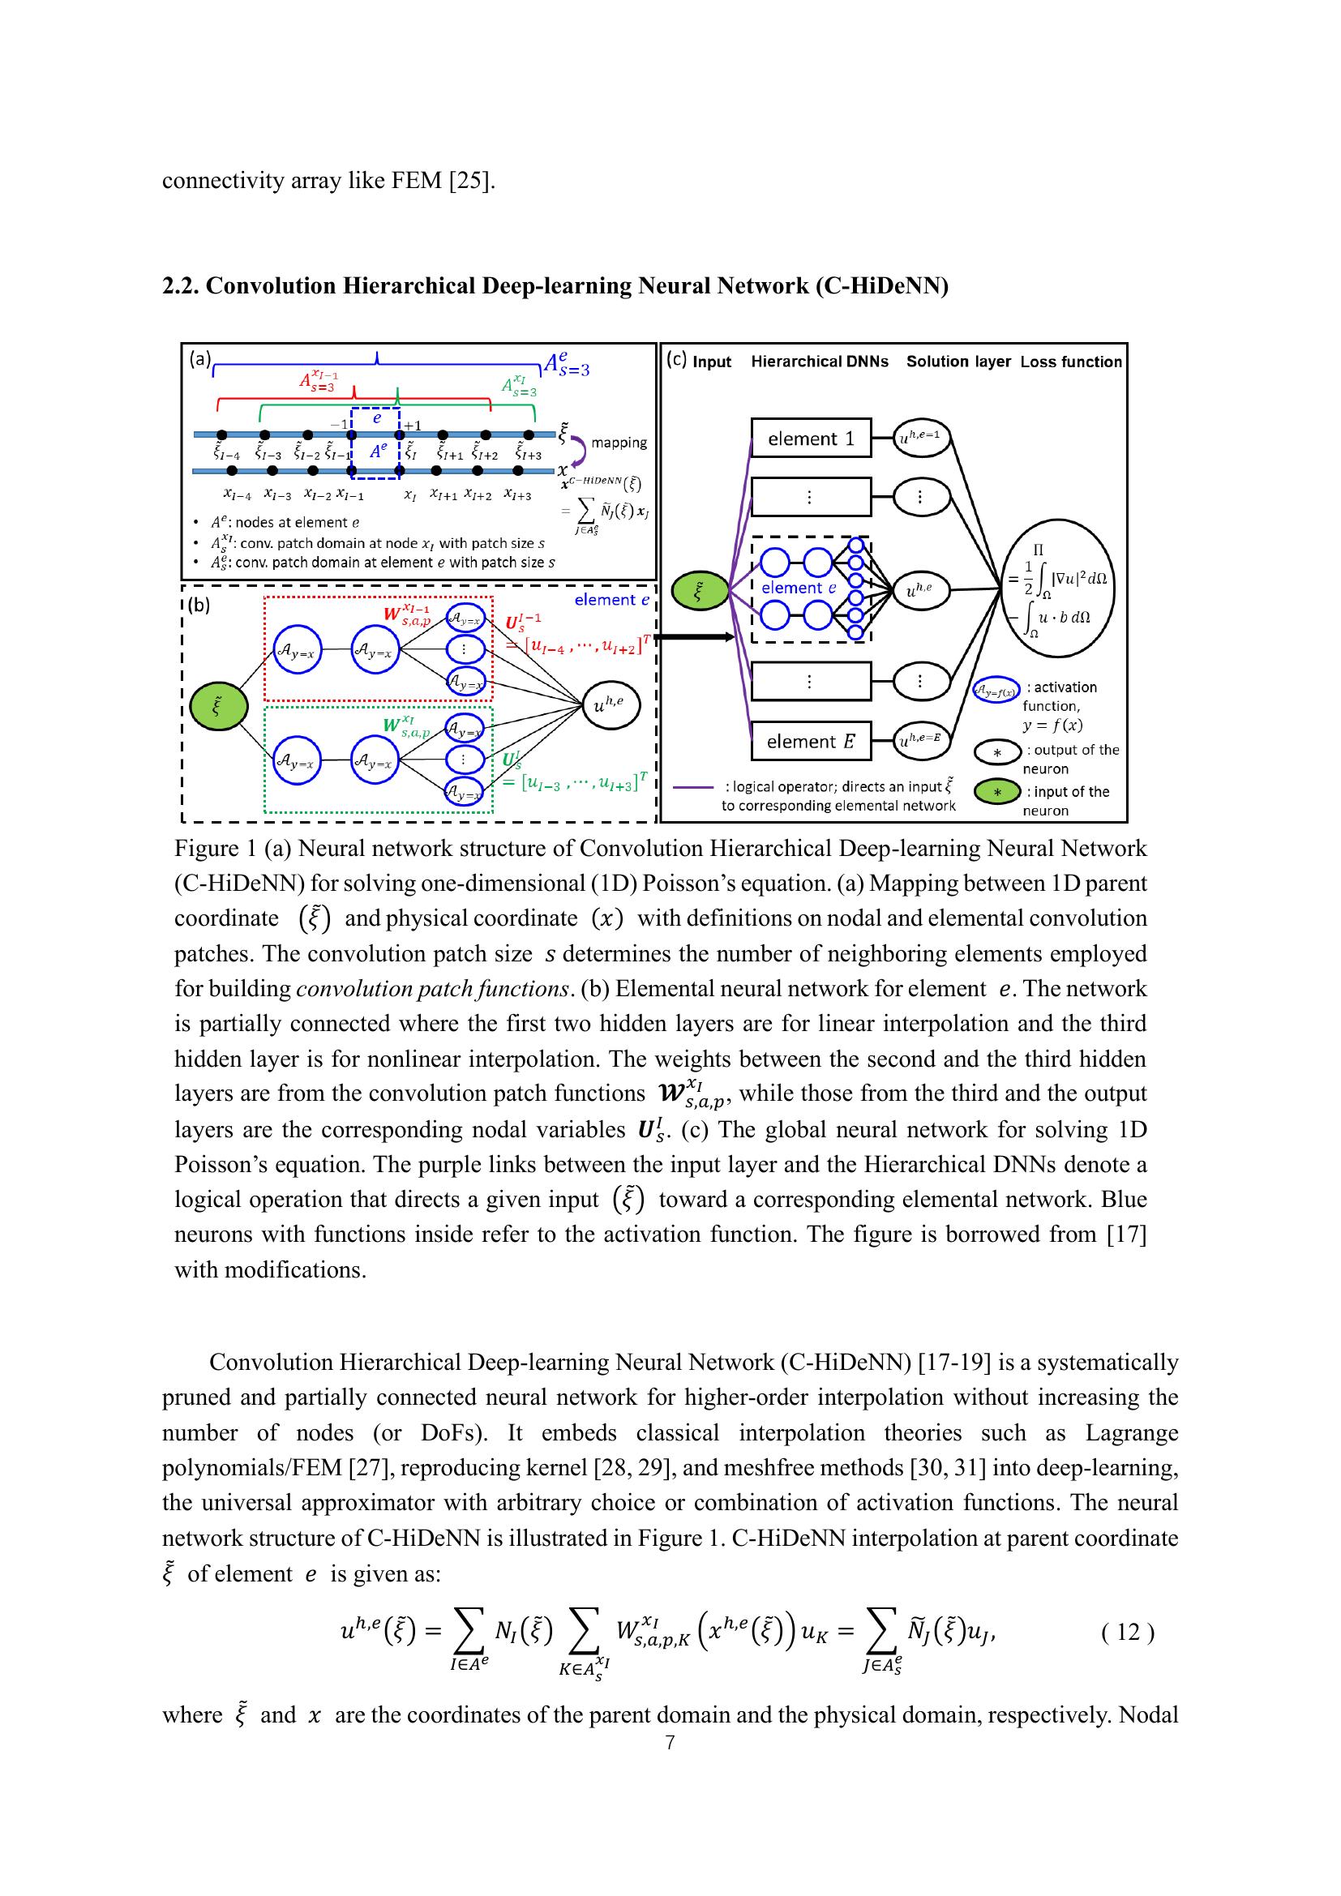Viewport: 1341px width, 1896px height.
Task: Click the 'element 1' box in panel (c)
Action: [810, 439]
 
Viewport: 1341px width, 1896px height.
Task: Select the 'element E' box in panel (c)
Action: [810, 742]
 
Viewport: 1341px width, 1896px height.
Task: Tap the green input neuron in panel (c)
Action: [700, 591]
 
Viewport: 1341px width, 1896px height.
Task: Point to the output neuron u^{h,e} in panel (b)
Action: [612, 704]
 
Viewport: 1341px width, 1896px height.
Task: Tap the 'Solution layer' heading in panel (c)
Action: [958, 362]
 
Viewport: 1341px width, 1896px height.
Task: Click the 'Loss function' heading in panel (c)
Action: [1071, 362]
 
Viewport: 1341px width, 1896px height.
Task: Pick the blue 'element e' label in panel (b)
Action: [612, 601]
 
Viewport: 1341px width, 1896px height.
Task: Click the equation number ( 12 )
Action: [1128, 1632]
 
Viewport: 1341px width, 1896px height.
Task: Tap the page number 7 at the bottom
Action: [670, 1743]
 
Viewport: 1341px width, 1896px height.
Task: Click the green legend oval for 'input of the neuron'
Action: [997, 792]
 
